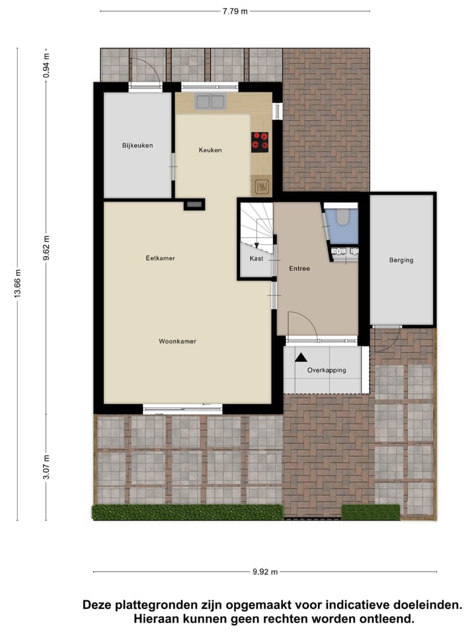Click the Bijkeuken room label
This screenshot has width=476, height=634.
click(137, 145)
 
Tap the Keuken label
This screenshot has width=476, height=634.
click(210, 150)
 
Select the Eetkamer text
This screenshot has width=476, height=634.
click(160, 258)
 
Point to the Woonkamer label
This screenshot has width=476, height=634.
click(177, 341)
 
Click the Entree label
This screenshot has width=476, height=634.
click(299, 269)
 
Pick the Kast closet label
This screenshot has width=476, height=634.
click(256, 258)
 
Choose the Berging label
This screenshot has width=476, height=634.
click(401, 260)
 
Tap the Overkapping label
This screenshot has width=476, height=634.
click(327, 370)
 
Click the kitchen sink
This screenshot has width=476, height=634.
click(210, 102)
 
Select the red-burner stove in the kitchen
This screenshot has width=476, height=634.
click(260, 141)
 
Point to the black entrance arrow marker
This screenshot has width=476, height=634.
click(301, 357)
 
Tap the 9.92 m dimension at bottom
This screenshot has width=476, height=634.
click(264, 573)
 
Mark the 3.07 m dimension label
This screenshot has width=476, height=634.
click(46, 466)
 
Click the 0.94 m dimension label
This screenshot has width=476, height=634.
click(46, 65)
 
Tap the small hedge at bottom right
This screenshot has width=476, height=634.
click(370, 512)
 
